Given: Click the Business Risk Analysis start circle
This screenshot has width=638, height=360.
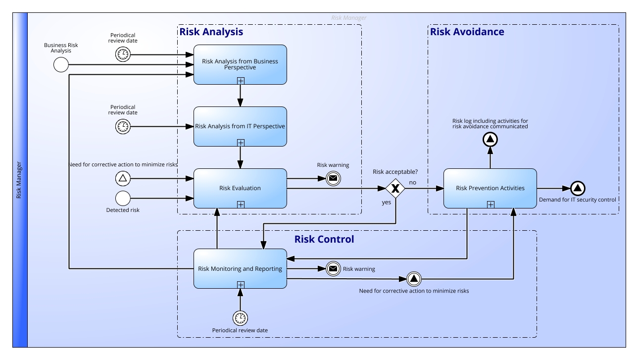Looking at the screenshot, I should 60,65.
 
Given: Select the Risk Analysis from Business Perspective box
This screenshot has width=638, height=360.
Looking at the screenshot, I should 240,64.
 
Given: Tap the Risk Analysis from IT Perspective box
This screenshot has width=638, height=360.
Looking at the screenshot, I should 240,126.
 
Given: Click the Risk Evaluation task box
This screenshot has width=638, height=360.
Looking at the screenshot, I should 240,188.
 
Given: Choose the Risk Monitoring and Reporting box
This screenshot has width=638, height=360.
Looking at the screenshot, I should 240,268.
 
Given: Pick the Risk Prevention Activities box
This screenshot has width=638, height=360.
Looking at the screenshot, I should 490,188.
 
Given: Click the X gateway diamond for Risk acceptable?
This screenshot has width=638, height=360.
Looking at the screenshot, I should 395,188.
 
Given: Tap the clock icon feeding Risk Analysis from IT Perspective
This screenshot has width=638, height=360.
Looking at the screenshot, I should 122,127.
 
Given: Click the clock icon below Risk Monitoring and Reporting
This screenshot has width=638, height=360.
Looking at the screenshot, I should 240,317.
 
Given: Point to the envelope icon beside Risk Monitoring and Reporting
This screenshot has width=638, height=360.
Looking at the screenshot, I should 333,269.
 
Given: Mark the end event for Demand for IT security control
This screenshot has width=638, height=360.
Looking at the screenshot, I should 578,188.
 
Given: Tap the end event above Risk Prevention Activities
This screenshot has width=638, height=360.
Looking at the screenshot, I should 490,140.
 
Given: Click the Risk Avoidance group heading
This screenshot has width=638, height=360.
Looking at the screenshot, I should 467,32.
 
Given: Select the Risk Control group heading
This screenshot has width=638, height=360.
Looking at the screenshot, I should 324,240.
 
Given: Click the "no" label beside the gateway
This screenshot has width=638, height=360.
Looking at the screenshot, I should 412,182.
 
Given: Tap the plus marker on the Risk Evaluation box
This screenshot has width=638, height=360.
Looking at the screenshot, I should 241,204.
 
